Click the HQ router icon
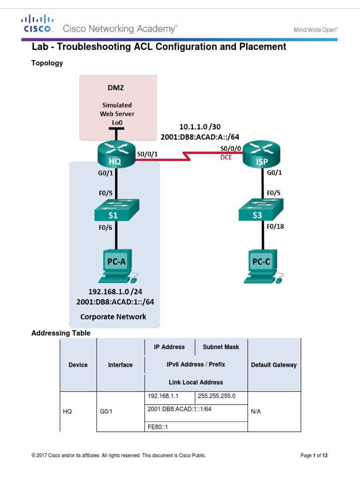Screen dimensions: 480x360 pyautogui.click(x=116, y=154)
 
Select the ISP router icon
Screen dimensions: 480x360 pyautogui.click(x=261, y=154)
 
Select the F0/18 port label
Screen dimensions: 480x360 pyautogui.click(x=276, y=226)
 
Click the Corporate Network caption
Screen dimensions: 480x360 pyautogui.click(x=113, y=316)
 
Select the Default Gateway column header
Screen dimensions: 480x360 pyautogui.click(x=274, y=365)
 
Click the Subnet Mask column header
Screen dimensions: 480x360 pyautogui.click(x=221, y=347)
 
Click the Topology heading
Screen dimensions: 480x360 pyautogui.click(x=47, y=63)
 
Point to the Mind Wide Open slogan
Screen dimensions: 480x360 pyautogui.click(x=315, y=30)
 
